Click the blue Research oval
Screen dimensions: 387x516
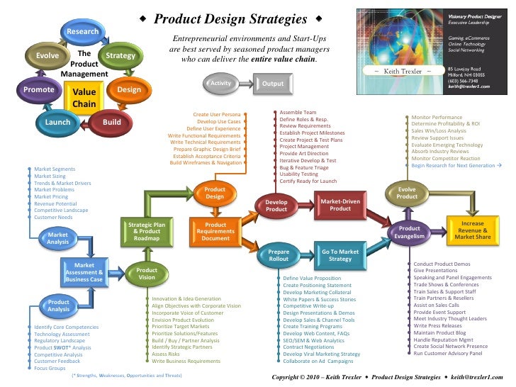(x=83, y=32)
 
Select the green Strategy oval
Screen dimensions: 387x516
(x=120, y=56)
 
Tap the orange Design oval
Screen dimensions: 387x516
(x=129, y=91)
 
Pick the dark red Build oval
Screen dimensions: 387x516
(x=112, y=122)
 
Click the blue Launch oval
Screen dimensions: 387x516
(x=58, y=122)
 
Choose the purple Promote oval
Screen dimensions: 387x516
(x=38, y=91)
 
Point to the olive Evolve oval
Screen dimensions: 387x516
(x=47, y=56)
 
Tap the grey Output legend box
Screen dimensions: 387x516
(x=273, y=84)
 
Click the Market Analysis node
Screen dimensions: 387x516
(x=58, y=238)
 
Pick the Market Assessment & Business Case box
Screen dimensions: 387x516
(x=84, y=272)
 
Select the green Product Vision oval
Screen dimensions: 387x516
(x=147, y=274)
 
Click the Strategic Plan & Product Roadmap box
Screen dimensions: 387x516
(x=147, y=231)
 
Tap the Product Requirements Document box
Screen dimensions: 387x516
(x=215, y=231)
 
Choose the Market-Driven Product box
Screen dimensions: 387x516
(x=340, y=205)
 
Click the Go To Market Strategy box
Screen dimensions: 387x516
(x=340, y=255)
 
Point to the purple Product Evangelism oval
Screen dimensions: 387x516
(x=410, y=232)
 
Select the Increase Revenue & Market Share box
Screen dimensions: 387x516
(x=473, y=231)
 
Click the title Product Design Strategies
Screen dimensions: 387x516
(x=230, y=18)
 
